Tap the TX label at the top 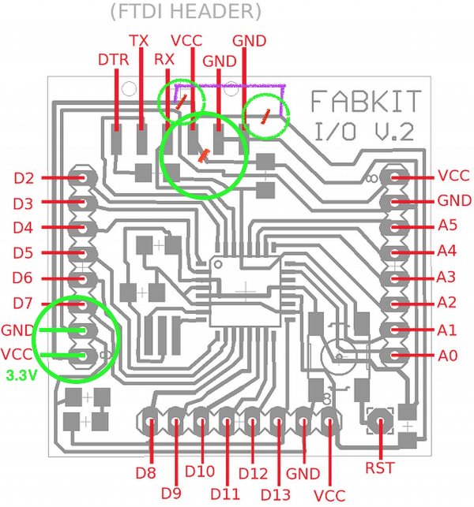[139, 39]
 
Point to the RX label [164, 59]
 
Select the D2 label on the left [24, 178]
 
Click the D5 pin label [24, 253]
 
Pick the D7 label [24, 304]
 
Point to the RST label [381, 468]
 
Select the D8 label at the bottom [146, 474]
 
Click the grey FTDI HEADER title [186, 12]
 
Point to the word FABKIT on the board [366, 102]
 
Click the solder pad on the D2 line [81, 178]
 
